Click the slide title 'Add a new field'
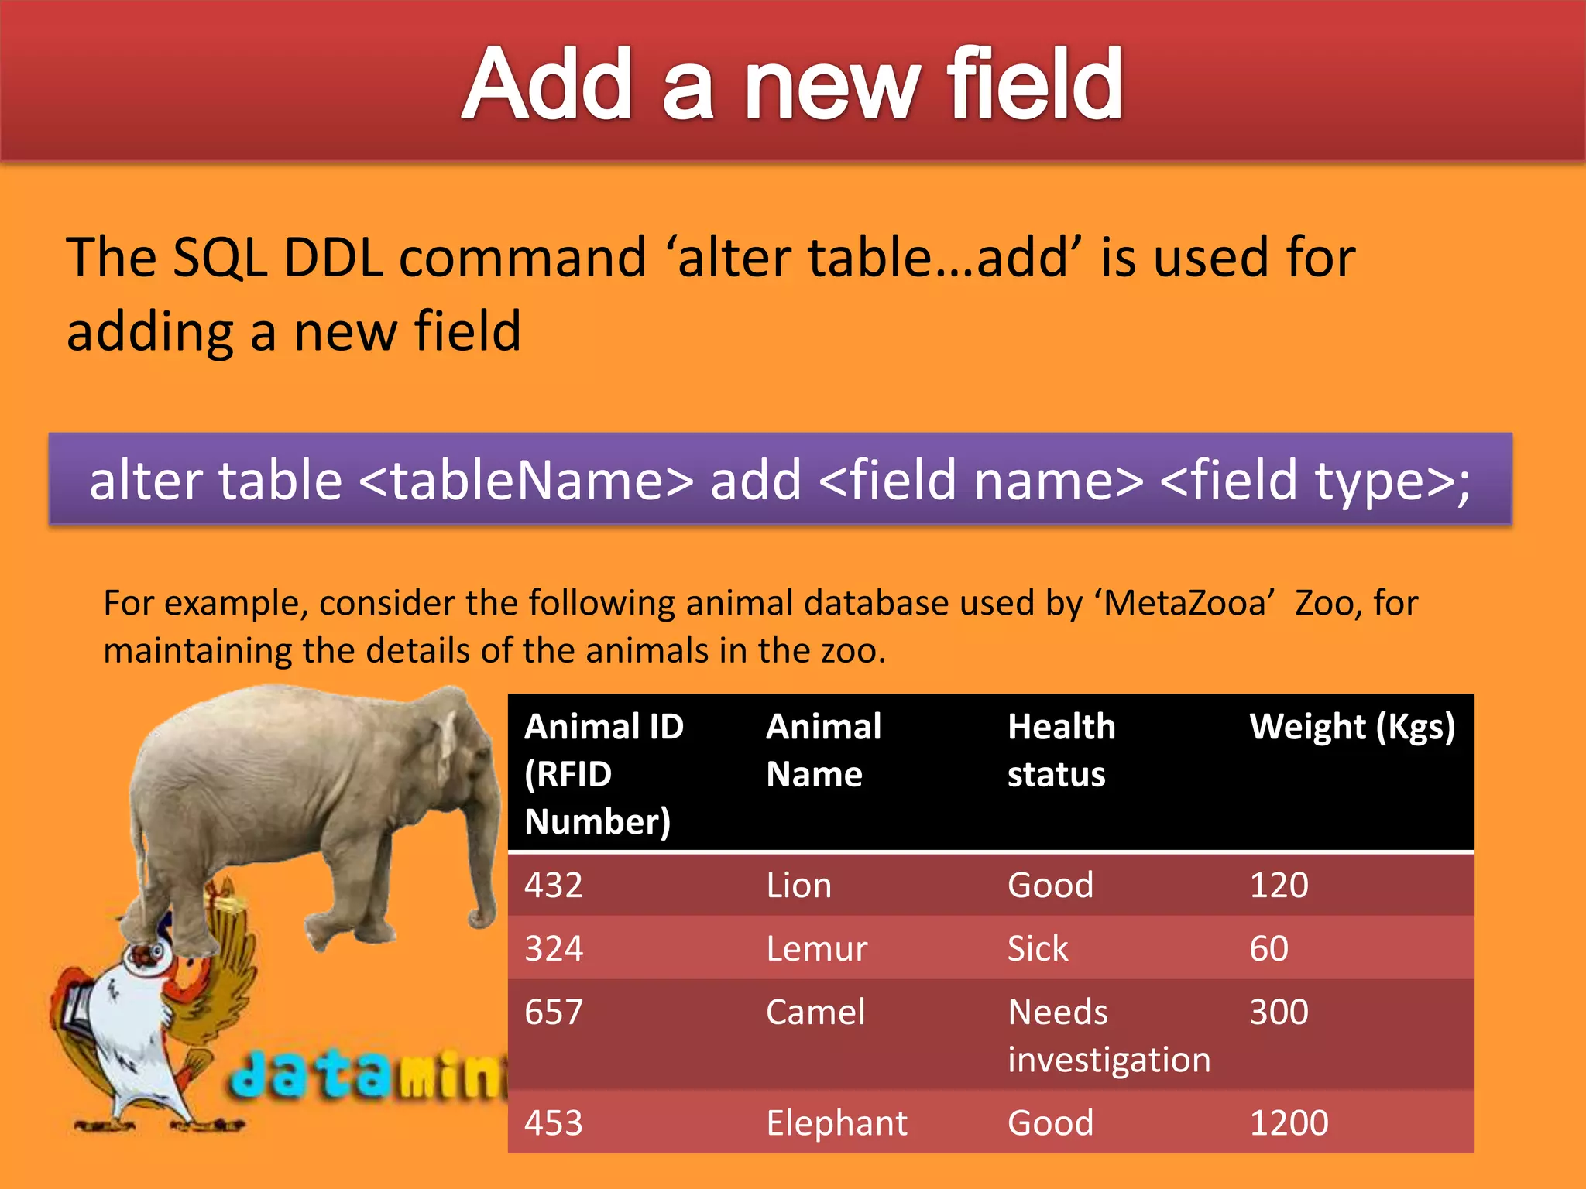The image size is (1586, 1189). pos(791,84)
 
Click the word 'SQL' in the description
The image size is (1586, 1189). pos(219,258)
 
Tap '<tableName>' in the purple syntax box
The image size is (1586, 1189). pos(526,480)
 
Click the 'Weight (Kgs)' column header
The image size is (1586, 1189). pos(1352,728)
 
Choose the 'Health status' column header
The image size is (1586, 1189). pos(1061,750)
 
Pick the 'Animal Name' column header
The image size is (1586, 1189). pos(823,750)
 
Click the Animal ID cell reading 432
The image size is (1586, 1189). pos(554,885)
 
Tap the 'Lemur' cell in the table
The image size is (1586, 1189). pos(816,948)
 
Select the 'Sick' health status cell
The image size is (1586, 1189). pos(1038,948)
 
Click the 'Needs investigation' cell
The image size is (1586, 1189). pos(1108,1035)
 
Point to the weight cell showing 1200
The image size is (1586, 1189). pos(1289,1122)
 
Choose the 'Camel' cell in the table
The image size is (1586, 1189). pos(815,1012)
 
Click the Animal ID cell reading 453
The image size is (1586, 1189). pos(554,1122)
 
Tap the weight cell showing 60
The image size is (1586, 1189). pos(1268,948)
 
